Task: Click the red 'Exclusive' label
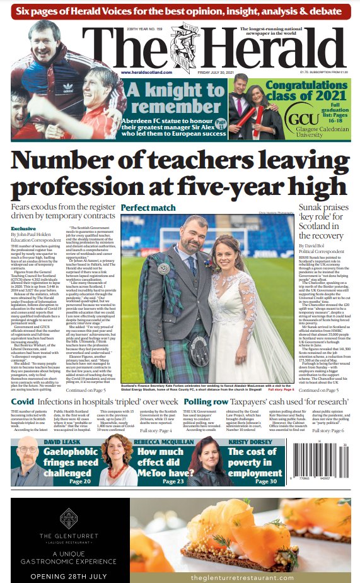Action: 23,229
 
